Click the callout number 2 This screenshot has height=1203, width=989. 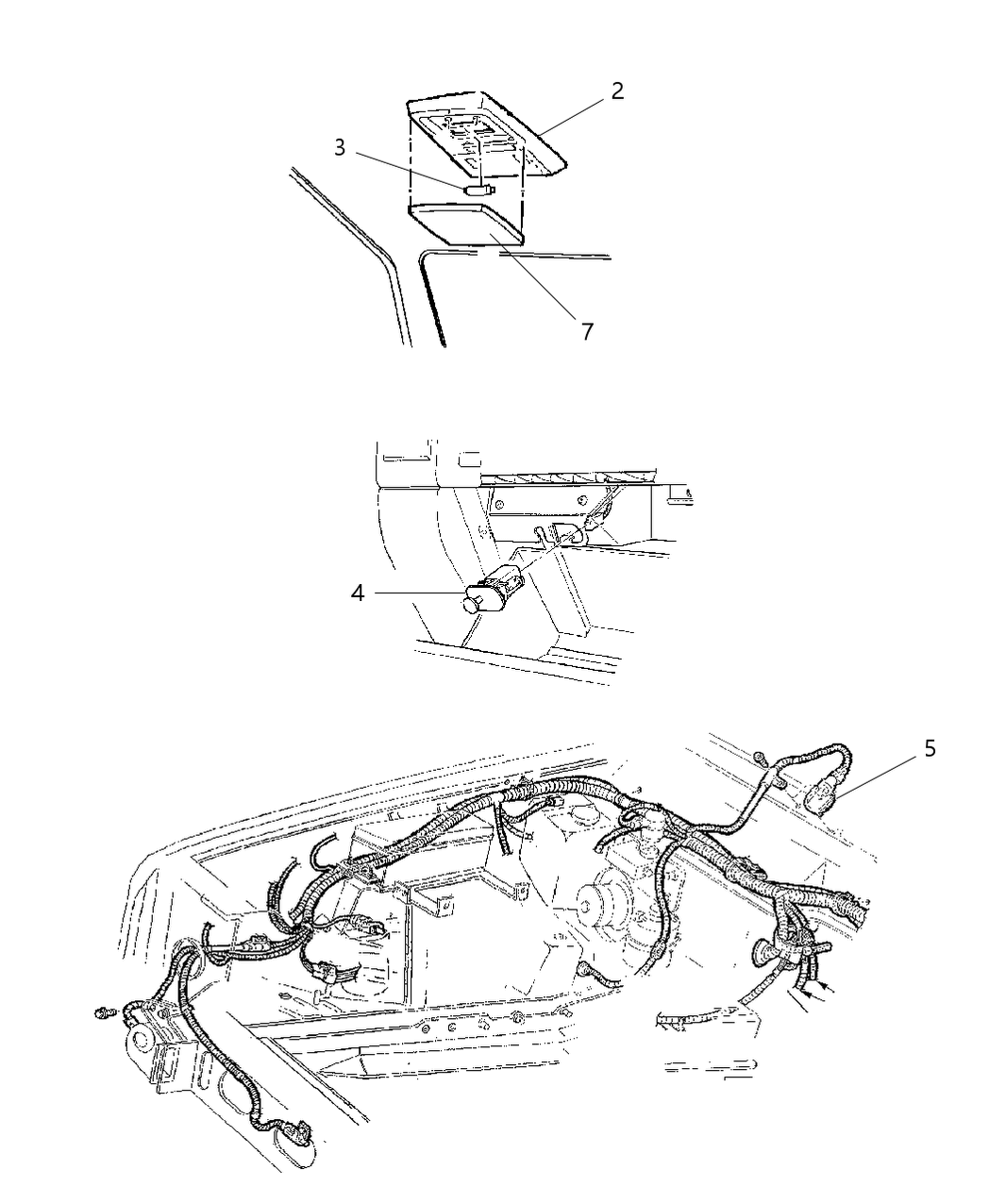click(x=617, y=92)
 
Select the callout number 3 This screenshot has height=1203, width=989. click(x=340, y=148)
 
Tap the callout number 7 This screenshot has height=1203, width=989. click(x=587, y=332)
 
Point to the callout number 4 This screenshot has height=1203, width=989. click(x=357, y=593)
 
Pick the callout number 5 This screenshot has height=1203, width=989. click(x=930, y=749)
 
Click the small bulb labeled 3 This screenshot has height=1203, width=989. click(x=479, y=190)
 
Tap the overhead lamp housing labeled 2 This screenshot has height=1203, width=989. click(x=491, y=132)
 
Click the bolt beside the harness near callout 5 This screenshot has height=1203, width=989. click(x=761, y=756)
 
